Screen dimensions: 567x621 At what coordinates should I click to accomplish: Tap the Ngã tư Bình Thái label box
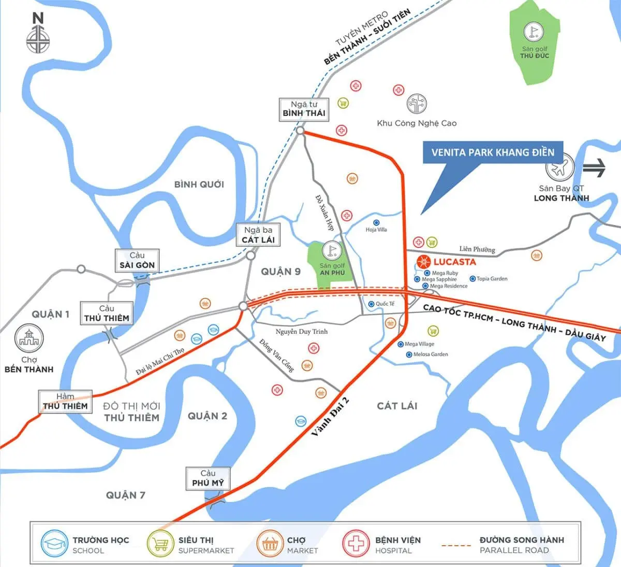click(x=304, y=109)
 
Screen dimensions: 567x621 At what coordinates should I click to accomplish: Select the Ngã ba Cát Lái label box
click(x=258, y=235)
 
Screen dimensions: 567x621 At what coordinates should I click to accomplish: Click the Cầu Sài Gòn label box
click(x=137, y=260)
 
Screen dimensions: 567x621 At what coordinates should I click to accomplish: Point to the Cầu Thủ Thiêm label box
click(x=107, y=314)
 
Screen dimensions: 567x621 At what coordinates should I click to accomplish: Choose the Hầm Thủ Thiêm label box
click(x=65, y=402)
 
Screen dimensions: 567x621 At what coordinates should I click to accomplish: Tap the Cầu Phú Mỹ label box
click(x=208, y=478)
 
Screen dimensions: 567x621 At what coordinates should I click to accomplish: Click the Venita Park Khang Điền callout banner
click(x=493, y=152)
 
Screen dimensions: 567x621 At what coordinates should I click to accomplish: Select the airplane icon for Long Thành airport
click(x=560, y=167)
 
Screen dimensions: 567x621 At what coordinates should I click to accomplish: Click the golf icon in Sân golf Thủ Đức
click(x=534, y=33)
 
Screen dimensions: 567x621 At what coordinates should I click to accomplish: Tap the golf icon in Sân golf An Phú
click(x=332, y=251)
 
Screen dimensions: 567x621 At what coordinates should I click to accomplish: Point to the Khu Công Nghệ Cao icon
click(x=417, y=104)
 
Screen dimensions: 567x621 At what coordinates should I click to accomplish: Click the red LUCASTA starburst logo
click(x=423, y=262)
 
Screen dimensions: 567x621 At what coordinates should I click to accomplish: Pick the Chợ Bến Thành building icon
click(x=29, y=338)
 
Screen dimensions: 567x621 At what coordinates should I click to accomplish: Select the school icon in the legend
click(x=54, y=544)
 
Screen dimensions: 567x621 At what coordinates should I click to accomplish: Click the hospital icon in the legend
click(x=355, y=544)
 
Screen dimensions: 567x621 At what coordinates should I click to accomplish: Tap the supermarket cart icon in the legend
click(x=159, y=544)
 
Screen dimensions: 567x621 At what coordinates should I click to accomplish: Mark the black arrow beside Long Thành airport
click(x=594, y=168)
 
